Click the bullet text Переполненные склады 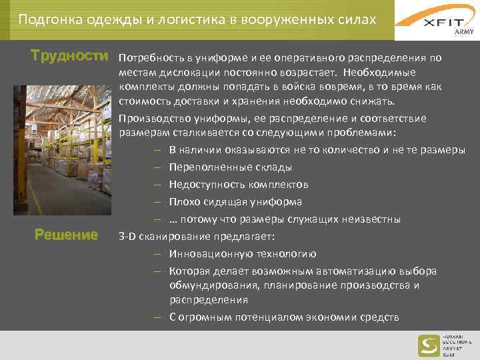click(230, 167)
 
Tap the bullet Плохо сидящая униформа click(235, 202)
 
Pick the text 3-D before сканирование click(127, 237)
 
